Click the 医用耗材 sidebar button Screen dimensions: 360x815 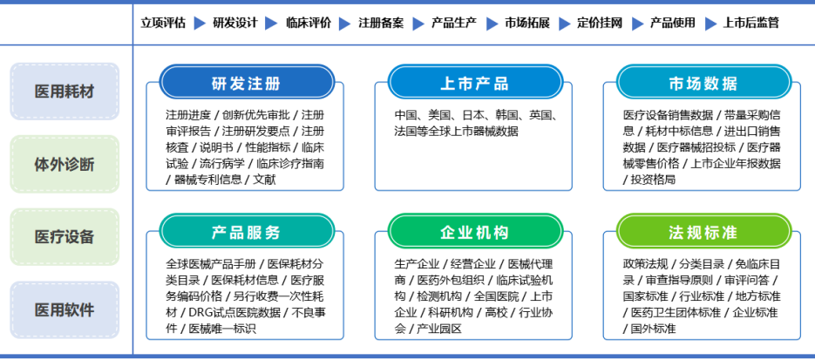65,91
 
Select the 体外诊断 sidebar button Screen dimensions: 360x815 65,164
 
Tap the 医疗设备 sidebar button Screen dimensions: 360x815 65,237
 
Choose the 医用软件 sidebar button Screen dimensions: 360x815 65,309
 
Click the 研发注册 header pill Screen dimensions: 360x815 247,84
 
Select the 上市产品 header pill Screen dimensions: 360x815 475,84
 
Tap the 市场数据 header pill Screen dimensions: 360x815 703,84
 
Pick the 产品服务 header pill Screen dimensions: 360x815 247,233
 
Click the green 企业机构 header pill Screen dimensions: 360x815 475,233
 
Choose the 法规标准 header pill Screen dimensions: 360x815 703,233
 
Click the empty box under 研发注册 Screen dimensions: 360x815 245,144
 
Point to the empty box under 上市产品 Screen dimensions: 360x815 473,144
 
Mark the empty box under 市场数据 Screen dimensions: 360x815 702,144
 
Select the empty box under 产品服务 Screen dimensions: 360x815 245,293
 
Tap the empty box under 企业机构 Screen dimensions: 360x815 473,293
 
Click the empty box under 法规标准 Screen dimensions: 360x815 702,293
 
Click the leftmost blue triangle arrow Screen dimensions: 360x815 200,24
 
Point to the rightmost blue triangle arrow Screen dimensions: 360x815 710,24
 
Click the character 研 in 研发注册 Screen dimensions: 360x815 219,85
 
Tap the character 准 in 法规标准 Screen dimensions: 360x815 730,234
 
